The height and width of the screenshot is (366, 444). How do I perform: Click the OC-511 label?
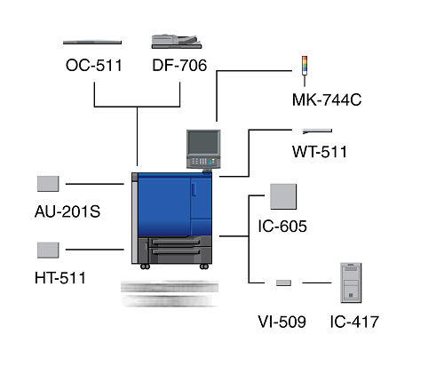point(94,66)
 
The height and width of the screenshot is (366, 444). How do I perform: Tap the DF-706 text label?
point(179,66)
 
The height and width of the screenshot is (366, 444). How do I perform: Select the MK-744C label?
point(327,99)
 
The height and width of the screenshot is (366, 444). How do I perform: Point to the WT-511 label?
point(320,152)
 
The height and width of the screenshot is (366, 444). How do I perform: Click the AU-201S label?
point(67,211)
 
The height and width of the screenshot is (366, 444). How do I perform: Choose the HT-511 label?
point(60,278)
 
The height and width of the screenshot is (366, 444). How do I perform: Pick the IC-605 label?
point(282,227)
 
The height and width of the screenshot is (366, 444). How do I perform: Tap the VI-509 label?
point(282,322)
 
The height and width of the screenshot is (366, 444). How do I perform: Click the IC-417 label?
point(354,322)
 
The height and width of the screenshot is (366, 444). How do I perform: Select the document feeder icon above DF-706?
point(177,42)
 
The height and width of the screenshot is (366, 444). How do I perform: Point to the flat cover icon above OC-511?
point(92,43)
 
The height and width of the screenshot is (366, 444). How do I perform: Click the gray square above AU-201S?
point(48,184)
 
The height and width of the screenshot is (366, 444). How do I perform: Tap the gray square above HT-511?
point(48,251)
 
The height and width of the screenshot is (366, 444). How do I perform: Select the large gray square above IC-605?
point(283,196)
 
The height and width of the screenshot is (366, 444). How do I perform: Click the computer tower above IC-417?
point(351,282)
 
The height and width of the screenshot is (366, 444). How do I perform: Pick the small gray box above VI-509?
point(283,282)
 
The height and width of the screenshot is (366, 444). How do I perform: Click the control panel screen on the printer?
point(203,143)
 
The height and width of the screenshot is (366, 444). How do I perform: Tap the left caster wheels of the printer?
point(145,267)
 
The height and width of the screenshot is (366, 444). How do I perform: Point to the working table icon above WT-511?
point(317,131)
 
